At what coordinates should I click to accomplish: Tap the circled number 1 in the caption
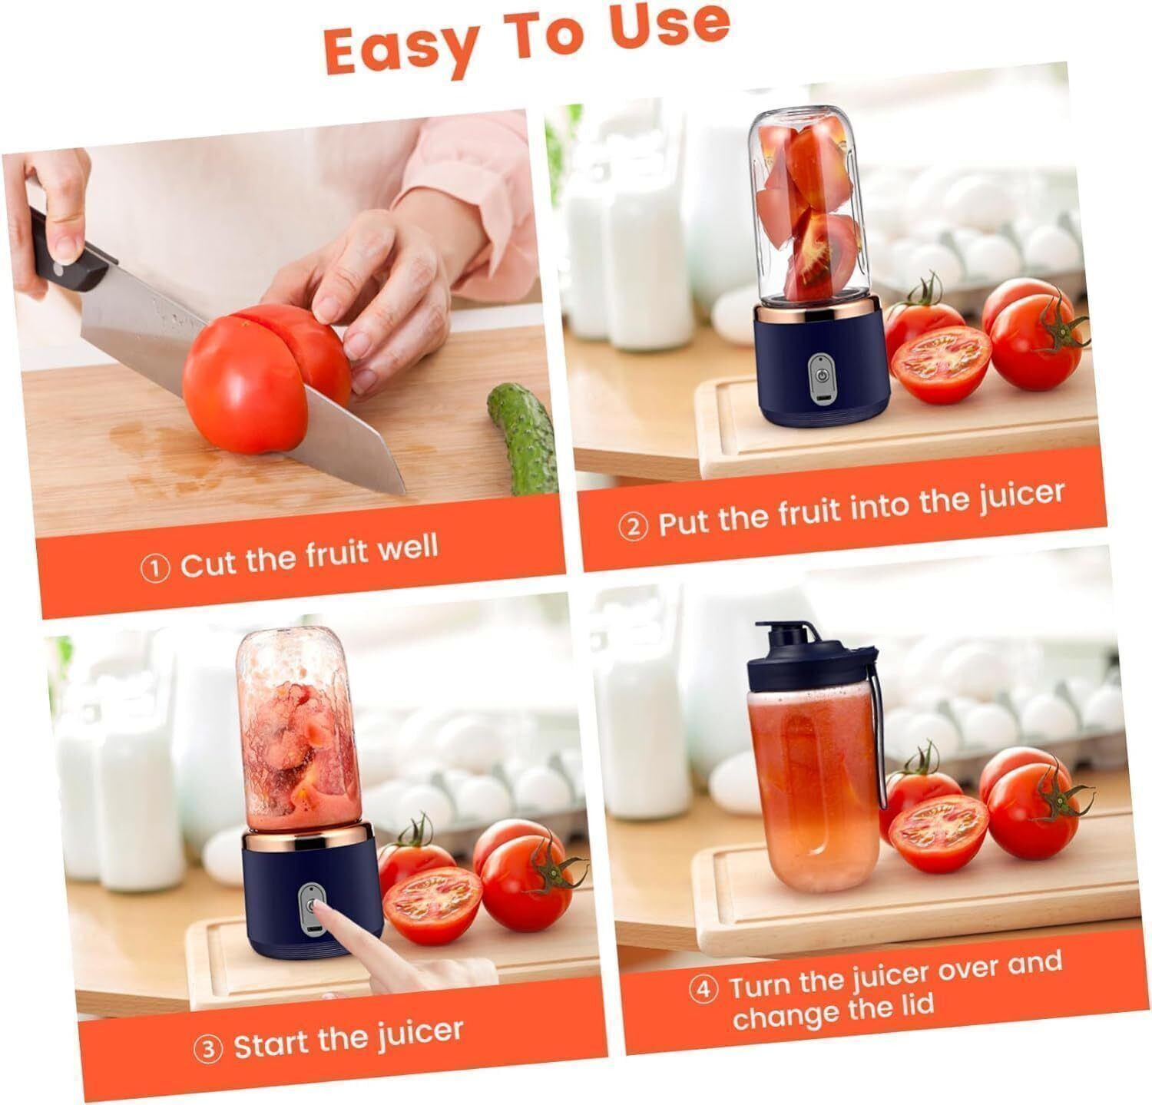154,569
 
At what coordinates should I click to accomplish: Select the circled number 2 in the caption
633,528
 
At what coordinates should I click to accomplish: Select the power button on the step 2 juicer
821,379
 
